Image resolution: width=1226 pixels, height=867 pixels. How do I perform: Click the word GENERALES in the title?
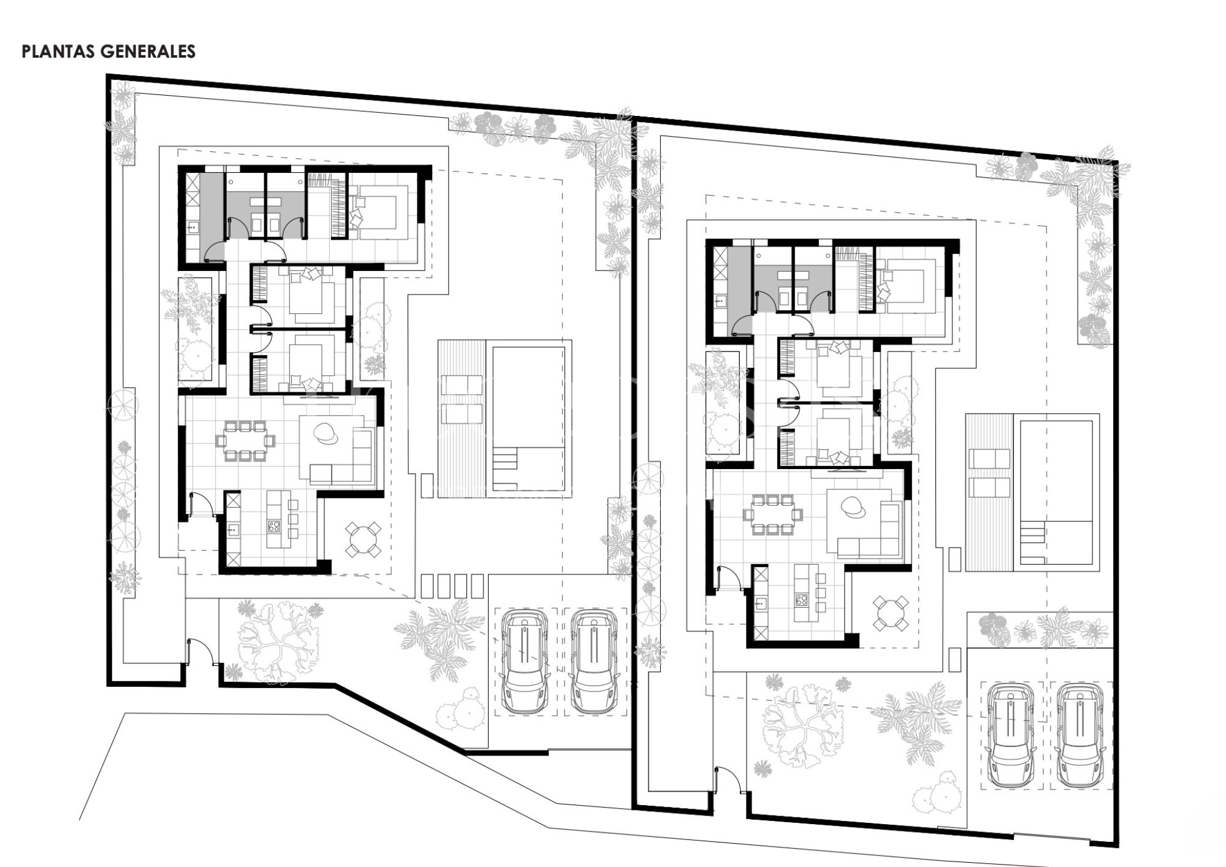pyautogui.click(x=148, y=52)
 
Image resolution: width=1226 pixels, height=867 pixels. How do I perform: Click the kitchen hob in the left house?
pyautogui.click(x=273, y=525)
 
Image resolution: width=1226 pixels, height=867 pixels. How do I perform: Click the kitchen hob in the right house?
pyautogui.click(x=801, y=599)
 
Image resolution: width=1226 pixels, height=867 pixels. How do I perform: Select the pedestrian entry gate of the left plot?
pyautogui.click(x=202, y=652)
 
